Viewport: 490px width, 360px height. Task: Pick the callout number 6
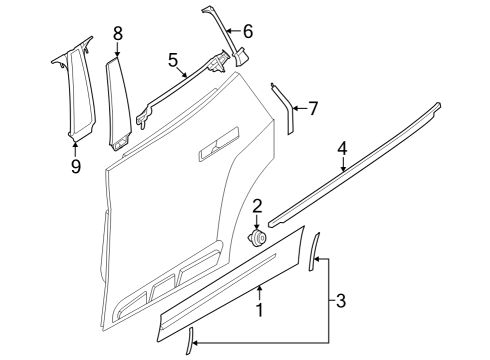tap(248, 31)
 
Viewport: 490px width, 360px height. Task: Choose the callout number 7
tap(312, 107)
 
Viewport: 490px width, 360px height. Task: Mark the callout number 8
tap(117, 34)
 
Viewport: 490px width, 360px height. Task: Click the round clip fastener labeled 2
tap(257, 239)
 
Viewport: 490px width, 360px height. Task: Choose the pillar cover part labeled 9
tap(72, 90)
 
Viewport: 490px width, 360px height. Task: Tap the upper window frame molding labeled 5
tap(180, 90)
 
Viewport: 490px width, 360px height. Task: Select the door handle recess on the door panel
tap(217, 151)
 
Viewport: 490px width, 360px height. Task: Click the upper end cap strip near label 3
tap(312, 251)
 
